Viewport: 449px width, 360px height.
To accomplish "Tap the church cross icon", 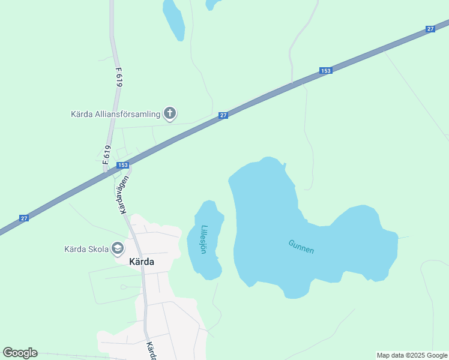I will (170, 113).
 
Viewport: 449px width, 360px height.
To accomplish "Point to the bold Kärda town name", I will (142, 262).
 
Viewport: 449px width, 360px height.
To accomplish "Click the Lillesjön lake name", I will (204, 239).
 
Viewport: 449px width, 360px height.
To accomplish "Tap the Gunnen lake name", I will (301, 247).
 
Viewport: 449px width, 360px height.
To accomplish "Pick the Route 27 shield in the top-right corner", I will (430, 29).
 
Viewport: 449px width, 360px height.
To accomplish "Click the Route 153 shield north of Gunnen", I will (325, 71).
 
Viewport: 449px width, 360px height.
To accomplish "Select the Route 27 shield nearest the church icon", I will (223, 115).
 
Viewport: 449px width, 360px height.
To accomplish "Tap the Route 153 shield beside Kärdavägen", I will (122, 165).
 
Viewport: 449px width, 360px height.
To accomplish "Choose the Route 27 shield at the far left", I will (24, 218).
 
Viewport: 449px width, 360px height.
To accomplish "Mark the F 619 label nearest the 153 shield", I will (107, 155).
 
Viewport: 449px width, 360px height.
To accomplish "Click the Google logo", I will (20, 353).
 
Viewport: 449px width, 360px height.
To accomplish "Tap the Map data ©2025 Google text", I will (412, 355).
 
